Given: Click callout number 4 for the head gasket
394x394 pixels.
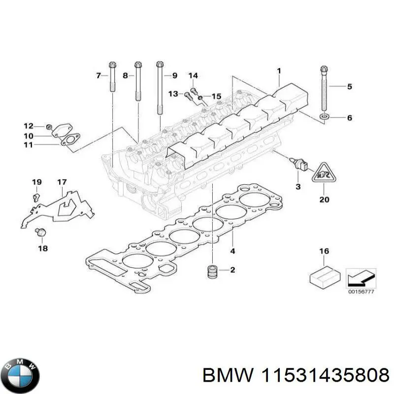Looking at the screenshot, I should coord(233,251).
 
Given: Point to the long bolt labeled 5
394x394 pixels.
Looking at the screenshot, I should coord(324,89).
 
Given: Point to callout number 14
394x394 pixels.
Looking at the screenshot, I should coord(193,75).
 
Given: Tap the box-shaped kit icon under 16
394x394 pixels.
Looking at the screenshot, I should coord(323,276).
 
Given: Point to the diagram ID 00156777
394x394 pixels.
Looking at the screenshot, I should coord(361,292).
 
